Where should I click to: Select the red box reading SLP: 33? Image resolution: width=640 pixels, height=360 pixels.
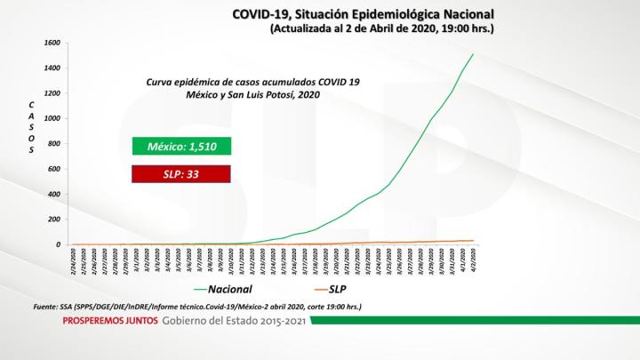point(181,175)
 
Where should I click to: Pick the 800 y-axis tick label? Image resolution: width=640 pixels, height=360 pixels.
point(53,144)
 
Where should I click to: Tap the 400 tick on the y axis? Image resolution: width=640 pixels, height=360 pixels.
point(53,195)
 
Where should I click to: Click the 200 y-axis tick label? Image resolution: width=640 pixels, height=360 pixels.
point(53,220)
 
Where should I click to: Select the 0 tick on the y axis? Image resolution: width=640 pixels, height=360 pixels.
point(57,244)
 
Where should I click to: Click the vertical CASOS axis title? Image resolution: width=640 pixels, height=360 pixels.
point(32,128)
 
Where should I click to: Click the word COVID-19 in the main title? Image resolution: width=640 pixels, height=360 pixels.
point(259,14)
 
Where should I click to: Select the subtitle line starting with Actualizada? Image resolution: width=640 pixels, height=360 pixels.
point(381,29)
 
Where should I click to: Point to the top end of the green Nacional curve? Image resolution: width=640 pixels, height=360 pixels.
point(473,54)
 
